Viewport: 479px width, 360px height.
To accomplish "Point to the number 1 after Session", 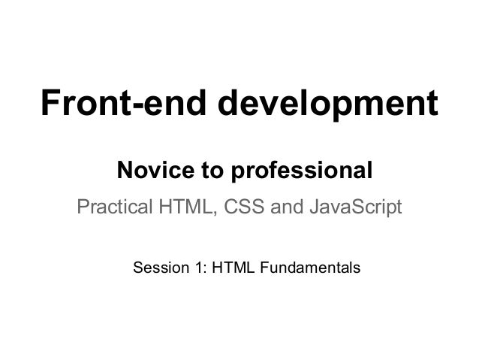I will point(195,268).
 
